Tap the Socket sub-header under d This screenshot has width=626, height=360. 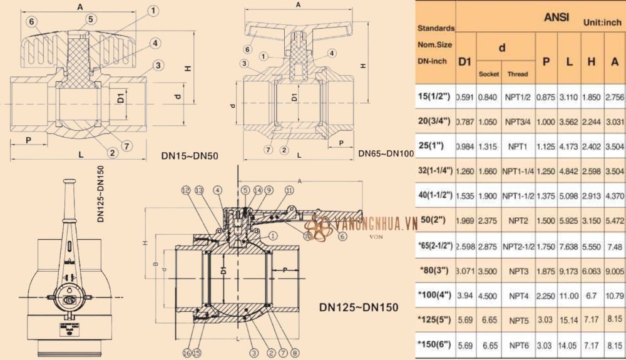pyautogui.click(x=488, y=74)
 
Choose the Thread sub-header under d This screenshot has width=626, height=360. pyautogui.click(x=517, y=74)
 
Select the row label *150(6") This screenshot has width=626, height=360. pyautogui.click(x=436, y=346)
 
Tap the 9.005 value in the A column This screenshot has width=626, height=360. pyautogui.click(x=615, y=271)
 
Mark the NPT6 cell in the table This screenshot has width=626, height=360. pyautogui.click(x=518, y=346)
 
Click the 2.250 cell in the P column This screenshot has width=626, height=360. pyautogui.click(x=546, y=296)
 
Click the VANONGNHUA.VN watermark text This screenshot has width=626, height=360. pyautogui.click(x=376, y=224)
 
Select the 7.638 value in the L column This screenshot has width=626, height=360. pyautogui.click(x=570, y=246)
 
